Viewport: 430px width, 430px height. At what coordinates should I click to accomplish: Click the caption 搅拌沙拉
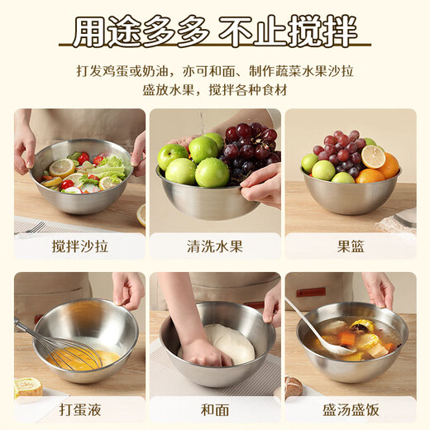79,246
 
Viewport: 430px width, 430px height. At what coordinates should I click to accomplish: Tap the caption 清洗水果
215,246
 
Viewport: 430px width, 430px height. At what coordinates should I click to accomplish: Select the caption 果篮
350,246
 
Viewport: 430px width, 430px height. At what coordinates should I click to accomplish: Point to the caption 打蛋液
79,409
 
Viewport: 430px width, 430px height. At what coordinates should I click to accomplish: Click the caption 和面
215,409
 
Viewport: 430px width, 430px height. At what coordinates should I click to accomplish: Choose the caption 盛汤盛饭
350,409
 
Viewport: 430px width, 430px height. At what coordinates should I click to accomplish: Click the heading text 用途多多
138,33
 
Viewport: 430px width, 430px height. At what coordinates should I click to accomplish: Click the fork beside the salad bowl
31,227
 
